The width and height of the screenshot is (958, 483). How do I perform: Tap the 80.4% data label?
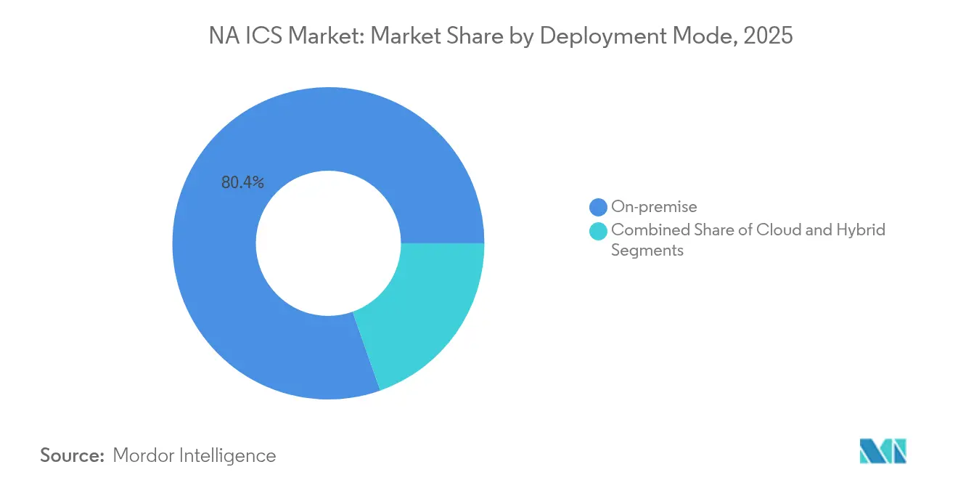click(242, 182)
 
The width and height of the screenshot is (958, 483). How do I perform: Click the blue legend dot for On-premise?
click(598, 207)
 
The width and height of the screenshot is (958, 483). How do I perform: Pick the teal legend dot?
click(598, 231)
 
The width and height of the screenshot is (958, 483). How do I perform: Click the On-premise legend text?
click(654, 207)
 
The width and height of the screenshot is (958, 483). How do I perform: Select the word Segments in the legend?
click(647, 251)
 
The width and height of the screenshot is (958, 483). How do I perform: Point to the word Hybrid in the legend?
click(862, 230)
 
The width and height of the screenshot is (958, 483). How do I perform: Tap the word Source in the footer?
click(73, 455)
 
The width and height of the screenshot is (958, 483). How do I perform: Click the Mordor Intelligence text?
click(195, 455)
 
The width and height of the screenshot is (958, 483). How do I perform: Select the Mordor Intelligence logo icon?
click(883, 451)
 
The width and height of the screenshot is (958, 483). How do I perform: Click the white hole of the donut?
click(328, 243)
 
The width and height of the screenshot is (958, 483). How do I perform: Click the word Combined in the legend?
click(646, 230)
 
